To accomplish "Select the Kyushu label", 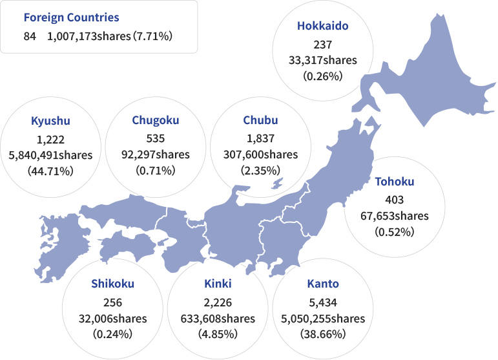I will [x=50, y=121].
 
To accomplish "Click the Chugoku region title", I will [x=155, y=120].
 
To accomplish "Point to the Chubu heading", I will [x=260, y=120].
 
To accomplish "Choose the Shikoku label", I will [x=112, y=284].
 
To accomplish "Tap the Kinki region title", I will [x=218, y=284].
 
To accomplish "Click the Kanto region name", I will [x=323, y=284].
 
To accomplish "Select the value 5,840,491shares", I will [x=50, y=155].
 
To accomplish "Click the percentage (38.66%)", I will [x=323, y=335].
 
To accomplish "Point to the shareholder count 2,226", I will [x=218, y=302].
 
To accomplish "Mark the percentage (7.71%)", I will [x=152, y=37].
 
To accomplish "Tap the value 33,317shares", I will [x=322, y=60].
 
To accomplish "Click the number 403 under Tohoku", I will [x=394, y=198].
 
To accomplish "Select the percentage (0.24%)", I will [x=112, y=335].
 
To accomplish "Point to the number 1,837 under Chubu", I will [x=260, y=138].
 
